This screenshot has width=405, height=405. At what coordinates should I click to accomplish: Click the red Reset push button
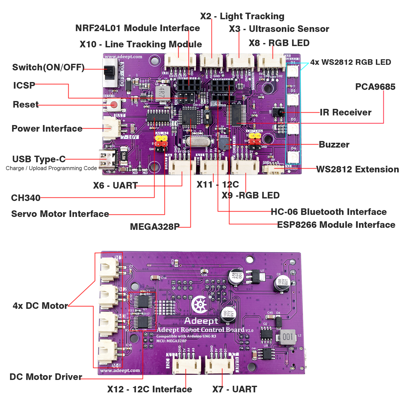click(x=114, y=105)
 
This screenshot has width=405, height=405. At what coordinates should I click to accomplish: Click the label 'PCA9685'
click(x=375, y=87)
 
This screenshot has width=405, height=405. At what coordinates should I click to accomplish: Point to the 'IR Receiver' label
click(x=346, y=112)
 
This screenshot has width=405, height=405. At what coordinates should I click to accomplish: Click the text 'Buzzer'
click(x=334, y=145)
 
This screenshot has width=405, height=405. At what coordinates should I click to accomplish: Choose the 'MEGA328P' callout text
click(x=155, y=227)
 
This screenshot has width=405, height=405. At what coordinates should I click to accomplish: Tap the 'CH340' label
click(x=26, y=198)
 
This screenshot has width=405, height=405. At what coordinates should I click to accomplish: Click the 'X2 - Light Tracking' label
click(x=242, y=16)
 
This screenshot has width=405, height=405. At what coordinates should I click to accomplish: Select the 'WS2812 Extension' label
click(x=357, y=169)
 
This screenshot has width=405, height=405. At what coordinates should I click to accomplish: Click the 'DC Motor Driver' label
click(x=46, y=377)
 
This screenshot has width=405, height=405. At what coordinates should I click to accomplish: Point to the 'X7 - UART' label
click(x=235, y=389)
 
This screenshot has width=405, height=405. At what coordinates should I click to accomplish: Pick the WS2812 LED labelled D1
click(x=293, y=71)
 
